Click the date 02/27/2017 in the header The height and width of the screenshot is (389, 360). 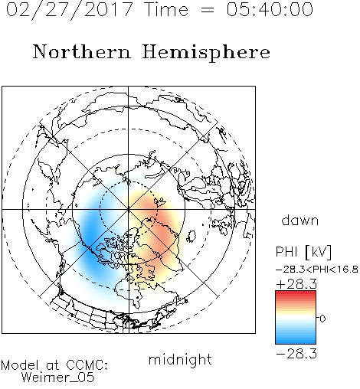coord(69,10)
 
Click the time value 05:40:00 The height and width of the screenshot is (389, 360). coord(270,9)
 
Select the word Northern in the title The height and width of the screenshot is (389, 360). coord(82,51)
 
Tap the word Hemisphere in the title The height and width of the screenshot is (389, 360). coord(206,53)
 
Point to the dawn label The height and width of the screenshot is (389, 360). coord(300,220)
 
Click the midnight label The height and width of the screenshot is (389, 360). coord(180,359)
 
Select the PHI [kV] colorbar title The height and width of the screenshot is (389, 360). coord(303,252)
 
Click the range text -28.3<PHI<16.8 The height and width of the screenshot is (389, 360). coord(317,270)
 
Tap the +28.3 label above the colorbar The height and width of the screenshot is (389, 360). coord(296,284)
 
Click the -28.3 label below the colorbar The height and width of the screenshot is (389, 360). coord(296,354)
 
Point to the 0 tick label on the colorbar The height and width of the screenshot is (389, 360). coord(322,319)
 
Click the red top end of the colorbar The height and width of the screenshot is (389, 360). coord(296,293)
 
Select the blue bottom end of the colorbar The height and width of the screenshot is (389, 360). coord(296,342)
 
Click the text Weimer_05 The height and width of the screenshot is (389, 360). coord(58,378)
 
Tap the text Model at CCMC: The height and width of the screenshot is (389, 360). coord(54,365)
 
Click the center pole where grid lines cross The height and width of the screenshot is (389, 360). coord(129,209)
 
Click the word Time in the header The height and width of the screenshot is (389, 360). coord(166,9)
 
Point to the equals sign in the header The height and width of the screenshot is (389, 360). coord(208,10)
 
